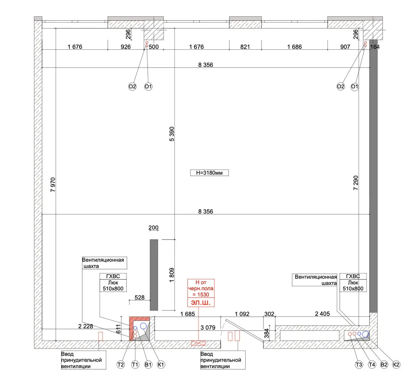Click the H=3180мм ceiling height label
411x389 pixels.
[x=209, y=173]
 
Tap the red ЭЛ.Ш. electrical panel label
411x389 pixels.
[x=201, y=303]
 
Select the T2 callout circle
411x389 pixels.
[x=121, y=364]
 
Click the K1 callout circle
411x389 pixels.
[x=161, y=364]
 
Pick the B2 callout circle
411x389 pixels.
[x=384, y=364]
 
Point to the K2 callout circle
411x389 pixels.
[x=396, y=364]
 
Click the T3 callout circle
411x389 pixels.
[x=359, y=364]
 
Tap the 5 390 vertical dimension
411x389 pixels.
[x=172, y=134]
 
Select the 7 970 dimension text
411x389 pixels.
[x=53, y=185]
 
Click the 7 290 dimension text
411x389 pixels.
[x=356, y=183]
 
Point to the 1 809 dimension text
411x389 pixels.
[x=172, y=275]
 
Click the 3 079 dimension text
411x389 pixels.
[x=208, y=328]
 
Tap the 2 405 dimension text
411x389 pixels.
[x=322, y=314]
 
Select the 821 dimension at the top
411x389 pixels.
[x=245, y=47]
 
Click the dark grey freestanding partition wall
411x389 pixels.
[x=154, y=275]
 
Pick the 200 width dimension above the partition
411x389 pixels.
[x=153, y=228]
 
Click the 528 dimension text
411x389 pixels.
[x=139, y=298]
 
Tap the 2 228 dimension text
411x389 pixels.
[x=86, y=326]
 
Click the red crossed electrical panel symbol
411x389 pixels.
[x=198, y=343]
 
